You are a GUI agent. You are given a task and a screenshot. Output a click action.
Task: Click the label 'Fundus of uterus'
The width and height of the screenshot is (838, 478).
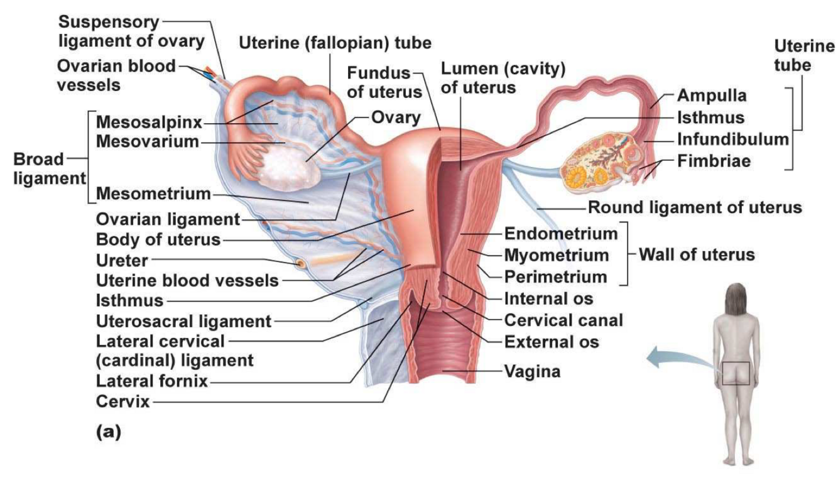384,82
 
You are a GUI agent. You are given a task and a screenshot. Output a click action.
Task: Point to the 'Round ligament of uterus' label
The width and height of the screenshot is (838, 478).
694,208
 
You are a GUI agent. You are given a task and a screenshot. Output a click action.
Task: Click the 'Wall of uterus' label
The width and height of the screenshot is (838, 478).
697,255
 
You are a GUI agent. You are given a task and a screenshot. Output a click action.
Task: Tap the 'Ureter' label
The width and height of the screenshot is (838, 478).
122,259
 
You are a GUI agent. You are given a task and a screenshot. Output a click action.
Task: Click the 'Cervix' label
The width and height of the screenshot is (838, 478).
123,401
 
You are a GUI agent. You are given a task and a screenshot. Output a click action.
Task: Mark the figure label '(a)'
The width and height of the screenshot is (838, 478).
107,432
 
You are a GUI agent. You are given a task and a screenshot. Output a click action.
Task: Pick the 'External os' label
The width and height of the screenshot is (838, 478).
552,342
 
